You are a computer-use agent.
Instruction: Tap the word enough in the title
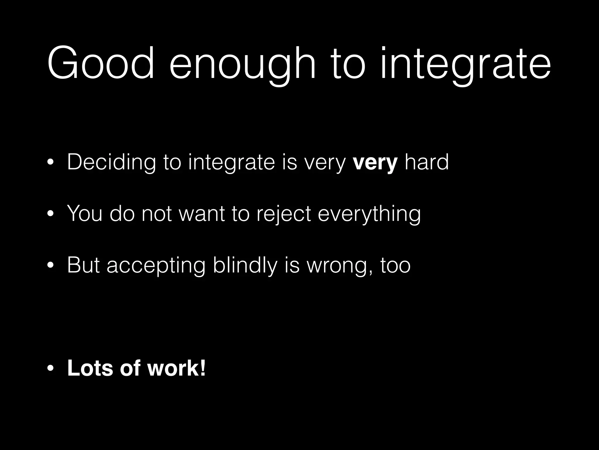pyautogui.click(x=242, y=66)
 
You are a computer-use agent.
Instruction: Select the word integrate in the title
pyautogui.click(x=465, y=66)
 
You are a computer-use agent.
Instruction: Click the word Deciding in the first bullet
pyautogui.click(x=111, y=163)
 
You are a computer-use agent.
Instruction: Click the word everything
pyautogui.click(x=369, y=214)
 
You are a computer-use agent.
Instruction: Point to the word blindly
pyautogui.click(x=245, y=265)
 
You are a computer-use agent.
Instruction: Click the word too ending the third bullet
pyautogui.click(x=395, y=265)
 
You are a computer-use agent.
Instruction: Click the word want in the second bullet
pyautogui.click(x=202, y=214)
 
